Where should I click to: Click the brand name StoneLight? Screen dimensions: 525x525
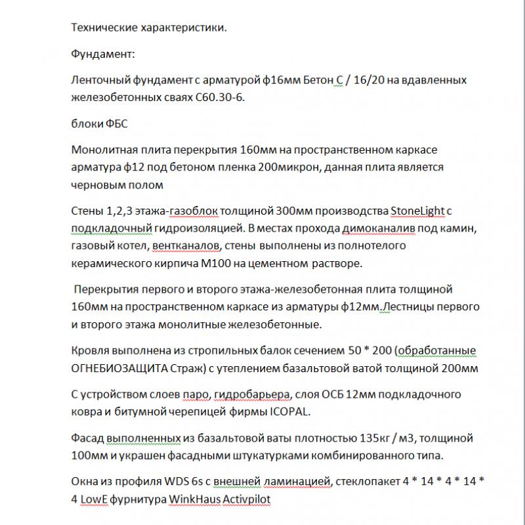[418, 210]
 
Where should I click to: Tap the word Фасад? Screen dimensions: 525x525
[87, 437]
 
